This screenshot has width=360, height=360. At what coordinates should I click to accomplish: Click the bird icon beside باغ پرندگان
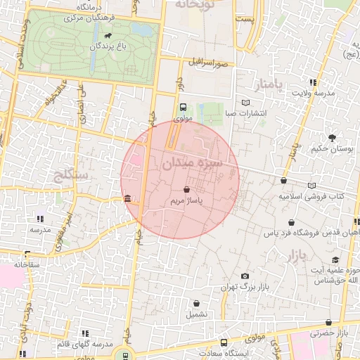click(x=108, y=35)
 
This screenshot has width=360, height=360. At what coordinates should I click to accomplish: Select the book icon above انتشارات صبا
click(x=245, y=101)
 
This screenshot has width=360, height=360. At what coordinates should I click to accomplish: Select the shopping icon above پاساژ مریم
click(x=186, y=190)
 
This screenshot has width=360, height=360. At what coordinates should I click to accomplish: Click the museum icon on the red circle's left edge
click(x=127, y=200)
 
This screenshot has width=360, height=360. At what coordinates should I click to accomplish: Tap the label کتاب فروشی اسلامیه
click(x=314, y=196)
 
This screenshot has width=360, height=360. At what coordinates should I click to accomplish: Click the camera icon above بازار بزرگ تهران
click(x=245, y=276)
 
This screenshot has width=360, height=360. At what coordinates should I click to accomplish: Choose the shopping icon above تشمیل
click(x=197, y=304)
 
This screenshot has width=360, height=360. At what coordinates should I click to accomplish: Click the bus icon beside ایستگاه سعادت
click(x=224, y=343)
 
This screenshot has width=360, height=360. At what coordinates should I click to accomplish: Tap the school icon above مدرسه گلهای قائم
click(x=85, y=333)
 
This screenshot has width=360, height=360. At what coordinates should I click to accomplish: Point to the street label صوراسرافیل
click(x=207, y=63)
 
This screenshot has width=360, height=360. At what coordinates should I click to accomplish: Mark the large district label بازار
click(x=298, y=254)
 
